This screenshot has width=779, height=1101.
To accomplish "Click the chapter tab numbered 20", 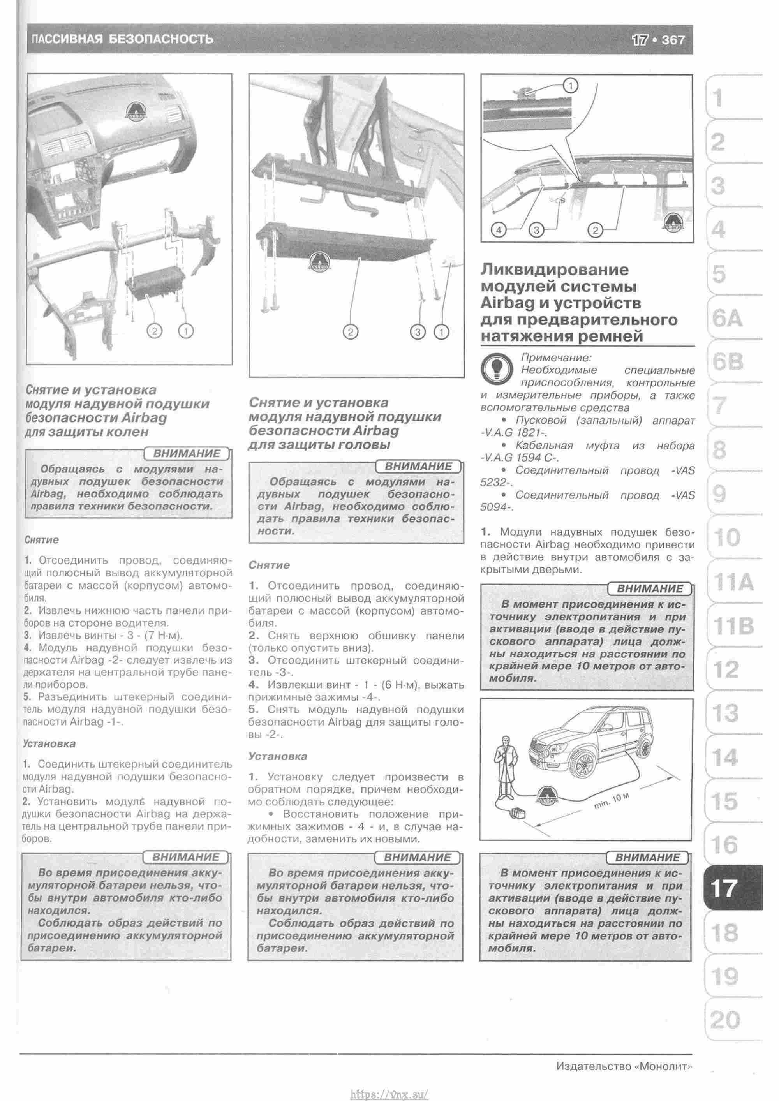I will (x=725, y=1020).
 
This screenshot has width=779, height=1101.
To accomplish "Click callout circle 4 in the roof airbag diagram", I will (x=499, y=231).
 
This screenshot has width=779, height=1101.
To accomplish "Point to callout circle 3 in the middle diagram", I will (x=418, y=332).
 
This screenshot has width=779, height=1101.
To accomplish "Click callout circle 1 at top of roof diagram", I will (x=570, y=86).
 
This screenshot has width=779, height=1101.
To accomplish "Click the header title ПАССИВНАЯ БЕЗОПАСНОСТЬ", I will (x=122, y=39).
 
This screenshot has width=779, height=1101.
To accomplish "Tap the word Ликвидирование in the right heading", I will (x=554, y=270).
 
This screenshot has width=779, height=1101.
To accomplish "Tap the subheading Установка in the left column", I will (x=49, y=744).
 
